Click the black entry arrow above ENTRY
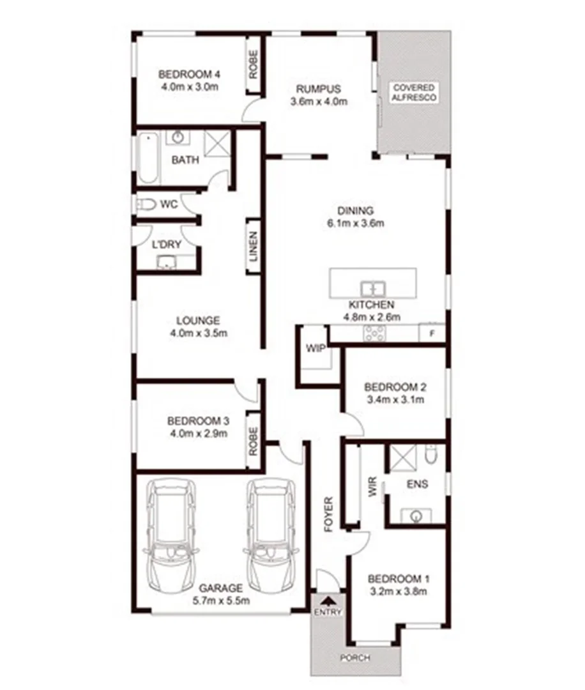(329, 601)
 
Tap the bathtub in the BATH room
(146, 158)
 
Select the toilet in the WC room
(146, 204)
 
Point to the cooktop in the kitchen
(374, 333)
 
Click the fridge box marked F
(432, 333)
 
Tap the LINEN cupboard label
(254, 246)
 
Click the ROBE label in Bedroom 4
(254, 65)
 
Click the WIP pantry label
(315, 348)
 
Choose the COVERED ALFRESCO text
(414, 93)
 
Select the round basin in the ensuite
(416, 514)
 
